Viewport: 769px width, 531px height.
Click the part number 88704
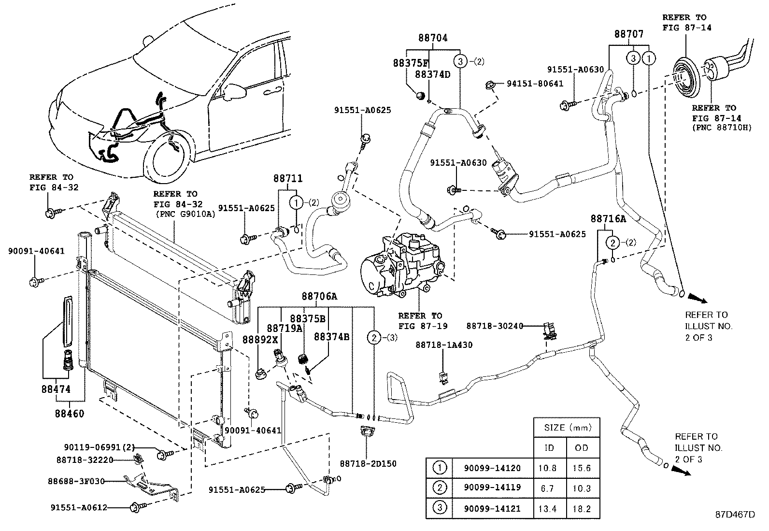(433, 38)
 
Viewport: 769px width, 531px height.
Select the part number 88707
(628, 34)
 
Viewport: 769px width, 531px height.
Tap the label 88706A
(319, 296)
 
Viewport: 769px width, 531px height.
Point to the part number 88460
(70, 414)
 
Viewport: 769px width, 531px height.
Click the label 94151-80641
(535, 84)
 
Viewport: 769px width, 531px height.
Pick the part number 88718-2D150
(368, 464)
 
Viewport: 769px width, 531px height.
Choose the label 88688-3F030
(76, 481)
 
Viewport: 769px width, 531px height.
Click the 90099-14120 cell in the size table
(492, 468)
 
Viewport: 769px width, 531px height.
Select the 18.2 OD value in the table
(582, 509)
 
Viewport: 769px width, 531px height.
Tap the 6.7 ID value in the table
(547, 488)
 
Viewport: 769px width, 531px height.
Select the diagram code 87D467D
(735, 514)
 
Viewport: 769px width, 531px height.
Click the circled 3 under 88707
(633, 58)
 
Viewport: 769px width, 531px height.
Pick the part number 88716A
(608, 219)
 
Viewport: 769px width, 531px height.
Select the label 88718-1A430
(444, 345)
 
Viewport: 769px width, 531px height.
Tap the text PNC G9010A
(185, 215)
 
